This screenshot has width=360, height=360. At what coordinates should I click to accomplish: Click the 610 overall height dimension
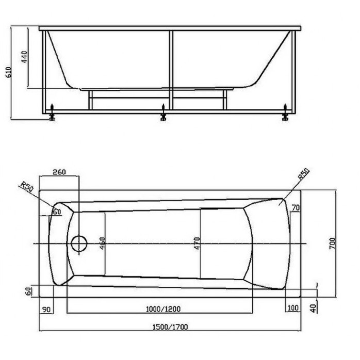[x=8, y=72]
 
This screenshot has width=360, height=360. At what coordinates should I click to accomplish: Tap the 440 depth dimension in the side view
[x=24, y=57]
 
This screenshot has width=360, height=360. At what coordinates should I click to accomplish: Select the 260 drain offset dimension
[x=59, y=172]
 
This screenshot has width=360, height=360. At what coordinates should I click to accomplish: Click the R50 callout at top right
[x=304, y=174]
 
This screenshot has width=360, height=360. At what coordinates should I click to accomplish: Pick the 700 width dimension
[x=332, y=243]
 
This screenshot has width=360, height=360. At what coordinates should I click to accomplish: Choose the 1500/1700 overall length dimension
[x=170, y=326]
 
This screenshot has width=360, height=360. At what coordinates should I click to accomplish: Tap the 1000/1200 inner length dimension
[x=163, y=309]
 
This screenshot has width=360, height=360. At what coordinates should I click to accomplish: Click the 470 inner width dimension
[x=197, y=243]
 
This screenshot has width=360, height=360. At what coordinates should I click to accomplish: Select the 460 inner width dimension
[x=103, y=243]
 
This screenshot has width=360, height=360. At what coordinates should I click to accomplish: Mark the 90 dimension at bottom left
[x=46, y=309]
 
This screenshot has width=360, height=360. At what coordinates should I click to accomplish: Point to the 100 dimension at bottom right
[x=293, y=308]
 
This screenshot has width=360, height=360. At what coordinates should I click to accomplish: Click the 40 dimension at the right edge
[x=314, y=308]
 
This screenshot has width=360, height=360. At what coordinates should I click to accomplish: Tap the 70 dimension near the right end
[x=296, y=208]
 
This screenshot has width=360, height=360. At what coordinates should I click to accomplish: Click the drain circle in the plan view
[x=79, y=243]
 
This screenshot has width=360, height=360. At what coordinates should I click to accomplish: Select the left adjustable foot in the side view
[x=52, y=113]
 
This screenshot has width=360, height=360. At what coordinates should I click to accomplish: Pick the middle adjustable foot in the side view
[x=163, y=113]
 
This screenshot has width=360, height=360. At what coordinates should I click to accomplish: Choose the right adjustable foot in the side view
[x=285, y=113]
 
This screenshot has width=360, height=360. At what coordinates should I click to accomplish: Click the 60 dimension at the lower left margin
[x=28, y=291]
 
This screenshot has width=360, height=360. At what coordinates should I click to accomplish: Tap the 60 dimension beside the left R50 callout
[x=57, y=211]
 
